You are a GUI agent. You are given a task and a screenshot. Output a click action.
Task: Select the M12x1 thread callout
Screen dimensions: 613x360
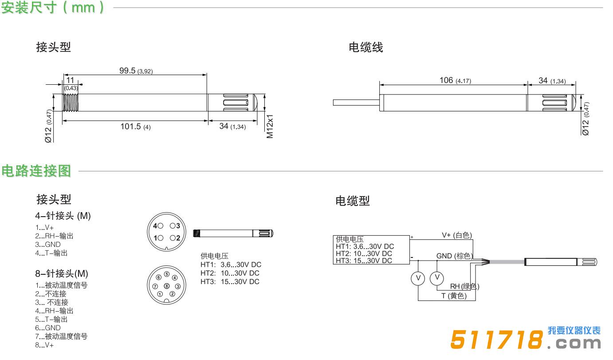pyautogui.click(x=270, y=126)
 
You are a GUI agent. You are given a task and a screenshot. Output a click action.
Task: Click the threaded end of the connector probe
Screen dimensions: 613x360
pyautogui.click(x=71, y=103)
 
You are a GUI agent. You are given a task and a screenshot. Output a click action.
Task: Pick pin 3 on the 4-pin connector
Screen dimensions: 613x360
pyautogui.click(x=173, y=226)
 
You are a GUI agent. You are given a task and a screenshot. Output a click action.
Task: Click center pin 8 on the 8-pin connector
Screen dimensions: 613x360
pyautogui.click(x=167, y=286)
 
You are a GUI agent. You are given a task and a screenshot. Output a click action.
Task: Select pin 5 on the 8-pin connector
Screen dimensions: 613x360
pyautogui.click(x=167, y=274)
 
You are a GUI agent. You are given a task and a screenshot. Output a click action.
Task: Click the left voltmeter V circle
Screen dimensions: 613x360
pyautogui.click(x=418, y=278)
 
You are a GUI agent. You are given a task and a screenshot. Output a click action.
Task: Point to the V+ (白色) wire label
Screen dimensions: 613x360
pyautogui.click(x=457, y=235)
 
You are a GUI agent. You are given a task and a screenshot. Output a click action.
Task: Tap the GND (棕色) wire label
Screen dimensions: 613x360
pyautogui.click(x=455, y=256)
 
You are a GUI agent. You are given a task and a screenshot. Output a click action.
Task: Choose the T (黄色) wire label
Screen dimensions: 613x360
pyautogui.click(x=454, y=296)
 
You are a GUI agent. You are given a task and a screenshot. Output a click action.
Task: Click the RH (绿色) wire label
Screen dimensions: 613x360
pyautogui.click(x=465, y=286)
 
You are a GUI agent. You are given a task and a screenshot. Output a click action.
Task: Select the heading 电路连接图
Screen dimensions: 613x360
pyautogui.click(x=36, y=171)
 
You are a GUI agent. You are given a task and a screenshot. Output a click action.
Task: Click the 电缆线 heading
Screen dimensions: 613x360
pyautogui.click(x=365, y=47)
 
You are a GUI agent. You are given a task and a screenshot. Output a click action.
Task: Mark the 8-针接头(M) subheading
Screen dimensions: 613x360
pyautogui.click(x=62, y=273)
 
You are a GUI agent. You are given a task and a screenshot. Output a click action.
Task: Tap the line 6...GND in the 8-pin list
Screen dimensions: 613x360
pyautogui.click(x=48, y=328)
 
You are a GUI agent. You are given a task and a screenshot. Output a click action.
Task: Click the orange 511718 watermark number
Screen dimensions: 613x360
pyautogui.click(x=496, y=340)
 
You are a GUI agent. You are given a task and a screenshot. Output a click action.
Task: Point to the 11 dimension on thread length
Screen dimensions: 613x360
pyautogui.click(x=71, y=80)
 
